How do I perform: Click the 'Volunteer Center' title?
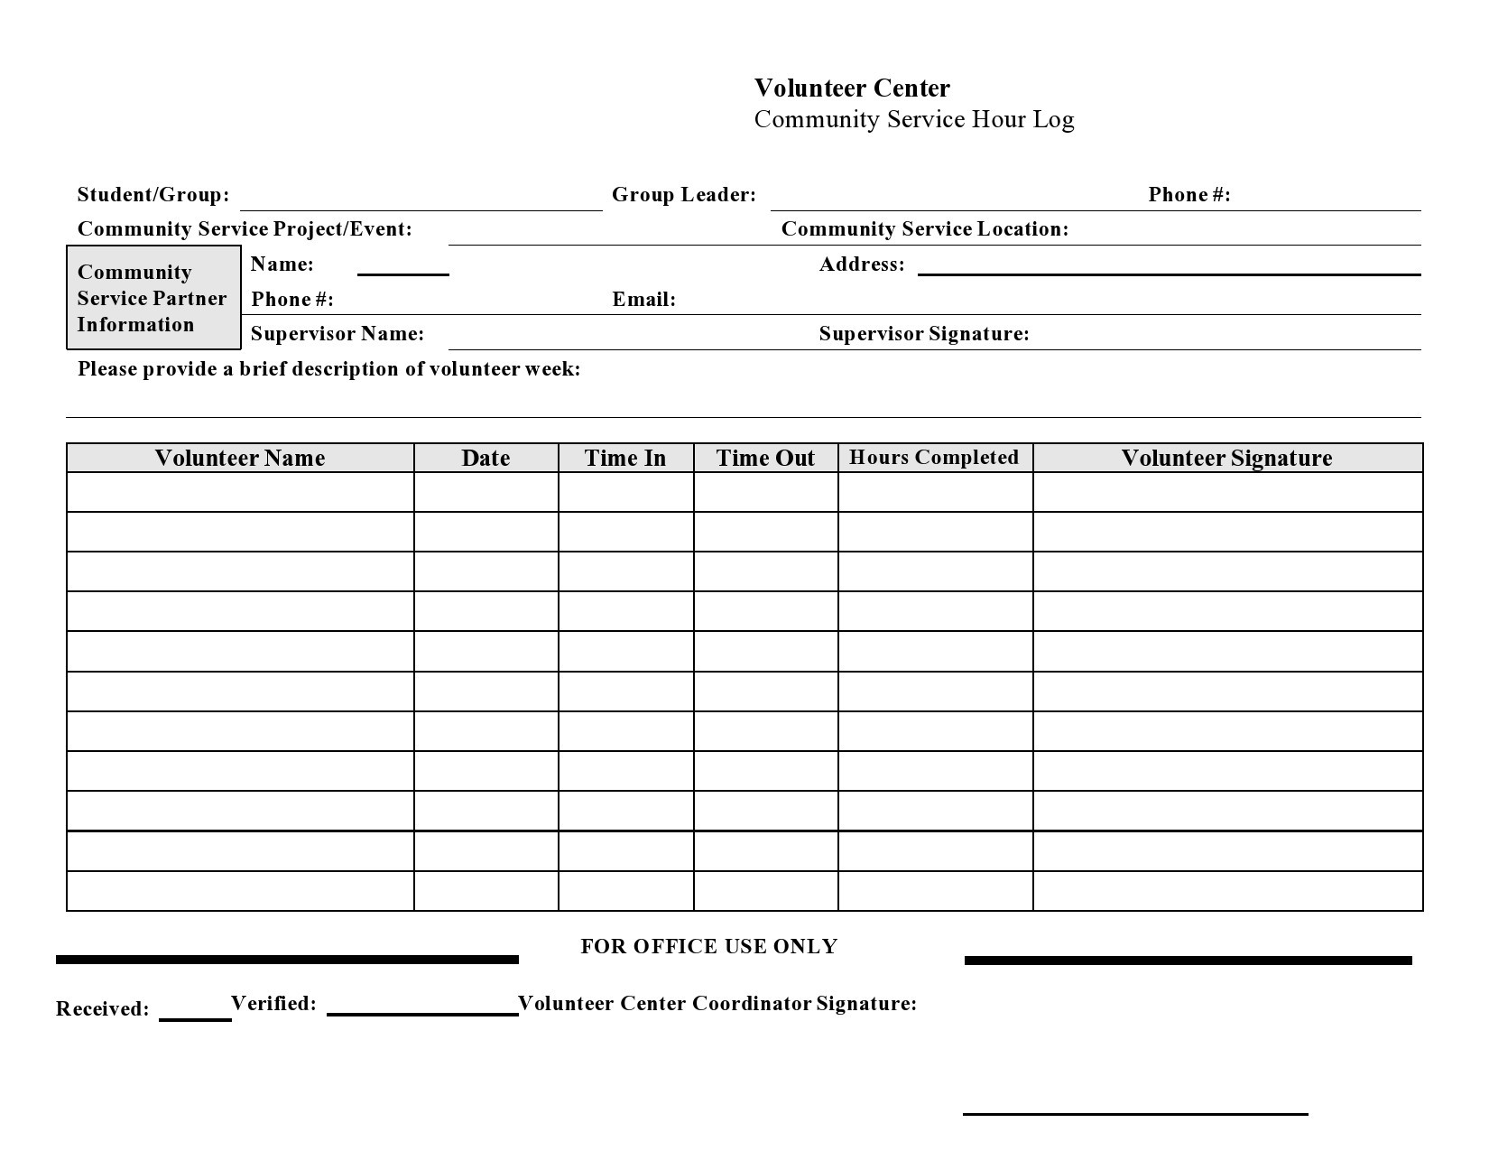pyautogui.click(x=851, y=88)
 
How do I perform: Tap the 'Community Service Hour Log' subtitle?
pyautogui.click(x=913, y=120)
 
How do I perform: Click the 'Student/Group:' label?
pyautogui.click(x=153, y=195)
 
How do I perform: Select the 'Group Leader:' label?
pyautogui.click(x=683, y=195)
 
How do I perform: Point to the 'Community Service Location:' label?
pyautogui.click(x=924, y=229)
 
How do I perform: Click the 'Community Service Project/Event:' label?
pyautogui.click(x=244, y=229)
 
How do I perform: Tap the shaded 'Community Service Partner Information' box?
pyautogui.click(x=153, y=298)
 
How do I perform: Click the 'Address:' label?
pyautogui.click(x=861, y=265)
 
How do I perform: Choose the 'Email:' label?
pyautogui.click(x=643, y=300)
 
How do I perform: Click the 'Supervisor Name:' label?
pyautogui.click(x=337, y=334)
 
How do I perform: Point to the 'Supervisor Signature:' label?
pyautogui.click(x=923, y=334)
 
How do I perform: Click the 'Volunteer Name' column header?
pyautogui.click(x=239, y=459)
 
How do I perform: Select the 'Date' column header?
pyautogui.click(x=486, y=459)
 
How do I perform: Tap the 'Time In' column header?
pyautogui.click(x=624, y=459)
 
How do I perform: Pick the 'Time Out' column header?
pyautogui.click(x=765, y=459)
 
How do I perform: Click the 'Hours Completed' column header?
pyautogui.click(x=934, y=458)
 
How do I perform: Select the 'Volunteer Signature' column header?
pyautogui.click(x=1226, y=459)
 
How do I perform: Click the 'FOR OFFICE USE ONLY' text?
pyautogui.click(x=708, y=946)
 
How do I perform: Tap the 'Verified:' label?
pyautogui.click(x=273, y=1004)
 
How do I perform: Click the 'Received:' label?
pyautogui.click(x=102, y=1009)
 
